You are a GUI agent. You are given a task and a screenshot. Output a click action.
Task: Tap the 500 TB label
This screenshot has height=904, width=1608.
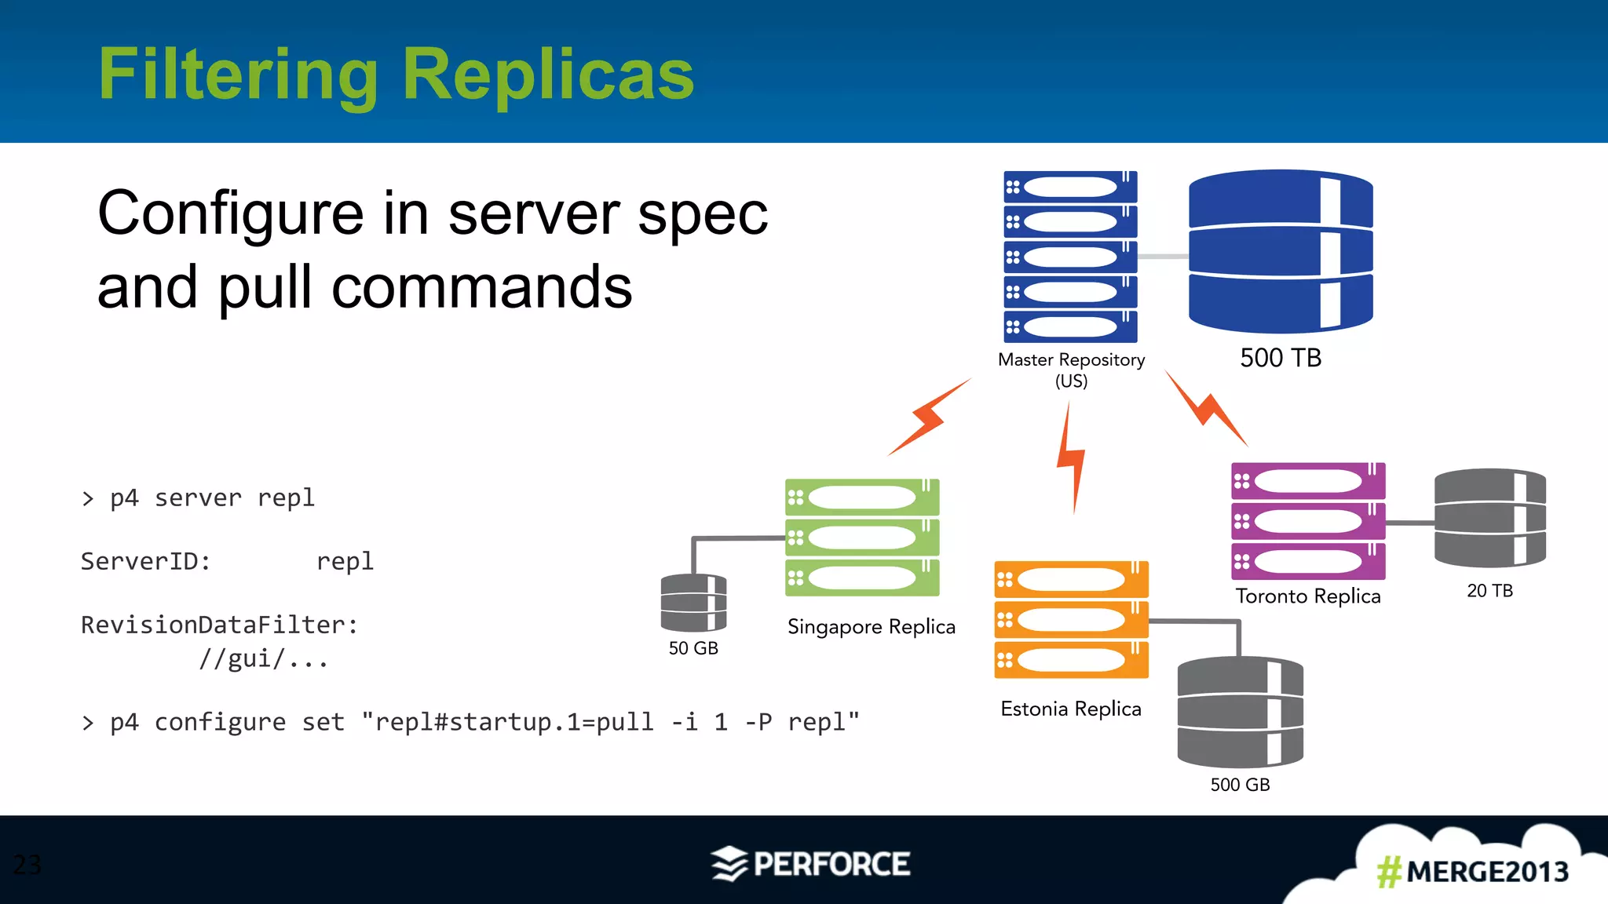[1281, 358]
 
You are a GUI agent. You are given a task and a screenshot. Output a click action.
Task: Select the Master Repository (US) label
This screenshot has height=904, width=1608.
[1071, 370]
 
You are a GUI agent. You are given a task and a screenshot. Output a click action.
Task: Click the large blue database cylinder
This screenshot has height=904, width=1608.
[1281, 251]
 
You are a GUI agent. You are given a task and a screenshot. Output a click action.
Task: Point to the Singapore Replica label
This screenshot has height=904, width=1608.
[871, 626]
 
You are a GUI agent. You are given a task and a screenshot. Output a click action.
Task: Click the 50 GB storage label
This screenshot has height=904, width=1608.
[693, 648]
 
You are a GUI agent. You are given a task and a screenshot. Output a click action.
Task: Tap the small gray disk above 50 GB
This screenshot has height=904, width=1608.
[693, 603]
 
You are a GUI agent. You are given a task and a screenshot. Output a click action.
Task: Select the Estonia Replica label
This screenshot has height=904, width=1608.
[1071, 709]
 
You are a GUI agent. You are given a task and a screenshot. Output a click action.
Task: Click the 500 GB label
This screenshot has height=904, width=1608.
[1240, 785]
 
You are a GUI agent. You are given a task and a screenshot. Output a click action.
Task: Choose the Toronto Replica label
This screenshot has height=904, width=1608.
[1308, 596]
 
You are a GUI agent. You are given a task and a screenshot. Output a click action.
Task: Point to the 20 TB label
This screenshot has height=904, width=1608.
[1489, 591]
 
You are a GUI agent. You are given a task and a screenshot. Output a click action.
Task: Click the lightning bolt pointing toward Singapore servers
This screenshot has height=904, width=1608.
[929, 417]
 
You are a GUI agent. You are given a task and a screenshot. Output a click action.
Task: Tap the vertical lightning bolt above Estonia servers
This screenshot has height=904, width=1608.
[1071, 459]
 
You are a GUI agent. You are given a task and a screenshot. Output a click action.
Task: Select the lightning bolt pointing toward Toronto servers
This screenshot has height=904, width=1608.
[1206, 409]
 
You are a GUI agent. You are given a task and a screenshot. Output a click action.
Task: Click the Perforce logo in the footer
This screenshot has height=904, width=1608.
[811, 864]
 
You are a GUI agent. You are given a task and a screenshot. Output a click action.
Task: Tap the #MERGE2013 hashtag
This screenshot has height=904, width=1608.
[1472, 872]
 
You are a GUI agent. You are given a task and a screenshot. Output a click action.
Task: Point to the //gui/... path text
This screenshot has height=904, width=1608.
[263, 659]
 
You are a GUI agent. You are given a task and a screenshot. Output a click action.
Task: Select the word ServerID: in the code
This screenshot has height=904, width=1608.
[146, 562]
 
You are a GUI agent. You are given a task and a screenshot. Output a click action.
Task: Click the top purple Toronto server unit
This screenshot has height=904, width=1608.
[1308, 481]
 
